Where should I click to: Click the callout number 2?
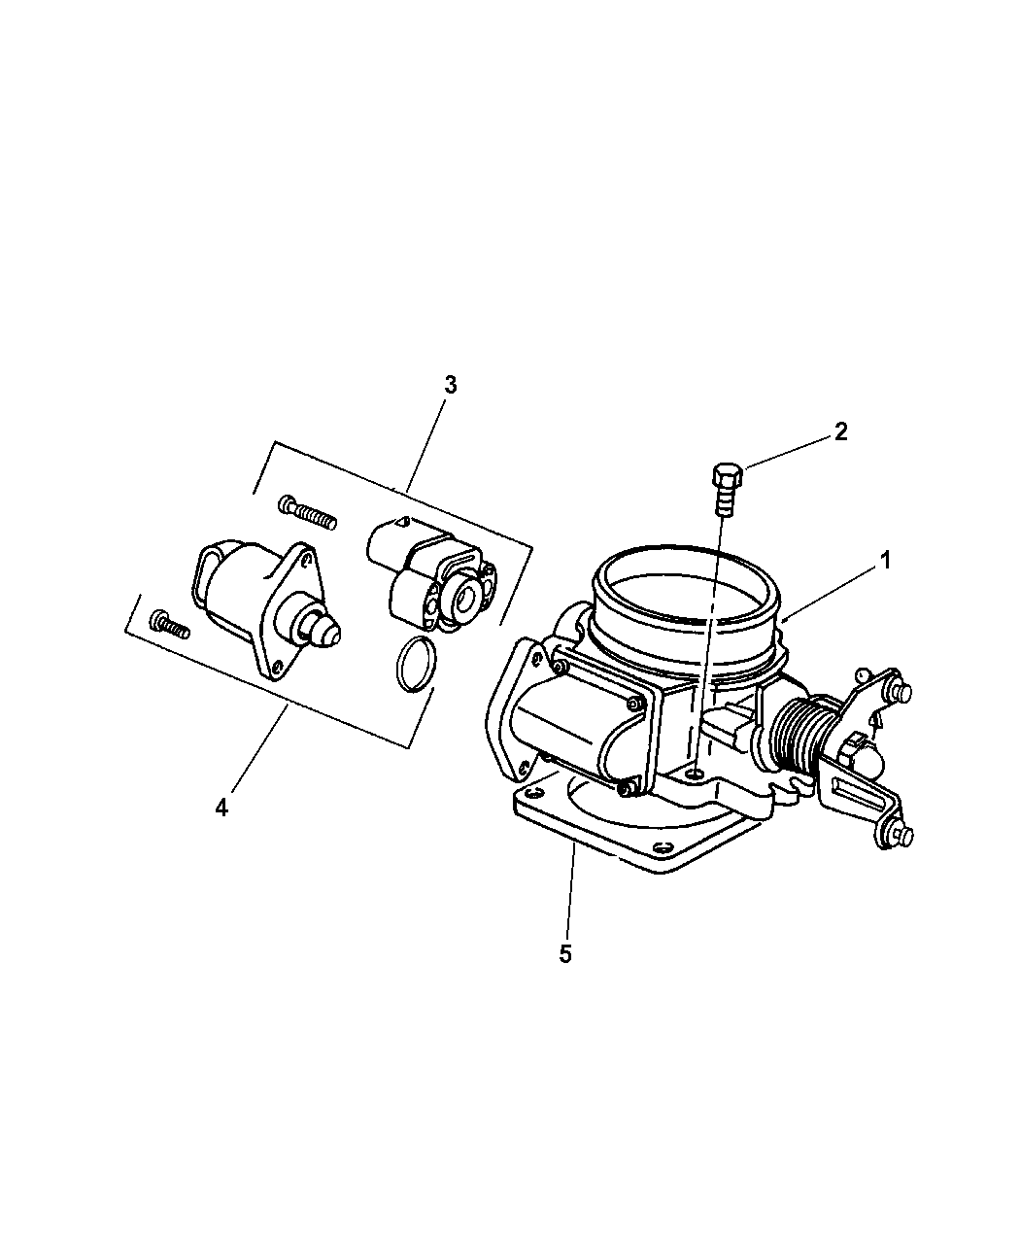840,431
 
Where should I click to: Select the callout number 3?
450,385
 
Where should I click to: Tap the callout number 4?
221,807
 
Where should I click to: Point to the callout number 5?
565,953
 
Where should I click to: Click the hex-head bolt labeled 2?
724,489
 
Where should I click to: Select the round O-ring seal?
416,665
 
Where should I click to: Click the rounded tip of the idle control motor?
325,634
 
